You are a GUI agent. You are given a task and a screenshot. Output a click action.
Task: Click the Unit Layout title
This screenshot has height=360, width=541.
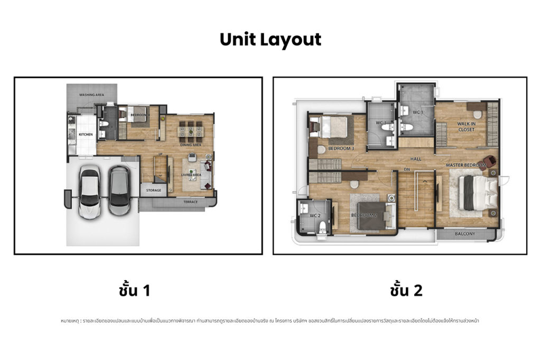coord(270,40)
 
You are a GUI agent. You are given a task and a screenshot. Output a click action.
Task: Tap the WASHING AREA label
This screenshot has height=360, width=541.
coord(91,95)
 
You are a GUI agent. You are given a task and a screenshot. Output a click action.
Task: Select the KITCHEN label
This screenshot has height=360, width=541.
coord(86,135)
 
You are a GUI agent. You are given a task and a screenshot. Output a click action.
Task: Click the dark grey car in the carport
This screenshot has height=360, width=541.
coord(119,191)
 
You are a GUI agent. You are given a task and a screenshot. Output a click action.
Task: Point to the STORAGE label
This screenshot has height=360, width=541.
coord(154,191)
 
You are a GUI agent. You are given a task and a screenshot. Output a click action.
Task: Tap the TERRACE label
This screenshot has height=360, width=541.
coord(191,202)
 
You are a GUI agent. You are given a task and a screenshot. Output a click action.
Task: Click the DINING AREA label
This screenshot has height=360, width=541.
coord(190,145)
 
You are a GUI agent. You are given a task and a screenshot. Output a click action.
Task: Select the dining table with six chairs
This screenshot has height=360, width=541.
coord(190,130)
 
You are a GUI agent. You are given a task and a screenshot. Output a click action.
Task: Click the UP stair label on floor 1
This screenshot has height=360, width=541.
coord(160,154)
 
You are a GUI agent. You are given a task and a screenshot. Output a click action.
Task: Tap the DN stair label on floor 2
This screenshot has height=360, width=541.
coord(407,169)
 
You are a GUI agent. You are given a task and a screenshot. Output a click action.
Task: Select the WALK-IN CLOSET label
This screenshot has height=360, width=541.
coord(466,126)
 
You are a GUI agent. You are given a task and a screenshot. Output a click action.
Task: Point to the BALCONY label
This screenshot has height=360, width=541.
coord(464,234)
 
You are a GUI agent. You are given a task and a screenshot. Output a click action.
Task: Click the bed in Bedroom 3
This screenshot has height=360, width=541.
coord(333,127)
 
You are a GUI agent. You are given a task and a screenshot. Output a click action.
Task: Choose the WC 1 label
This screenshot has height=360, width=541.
coord(417,112)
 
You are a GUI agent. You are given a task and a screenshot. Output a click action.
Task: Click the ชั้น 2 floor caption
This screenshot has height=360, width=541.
coord(406,290)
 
